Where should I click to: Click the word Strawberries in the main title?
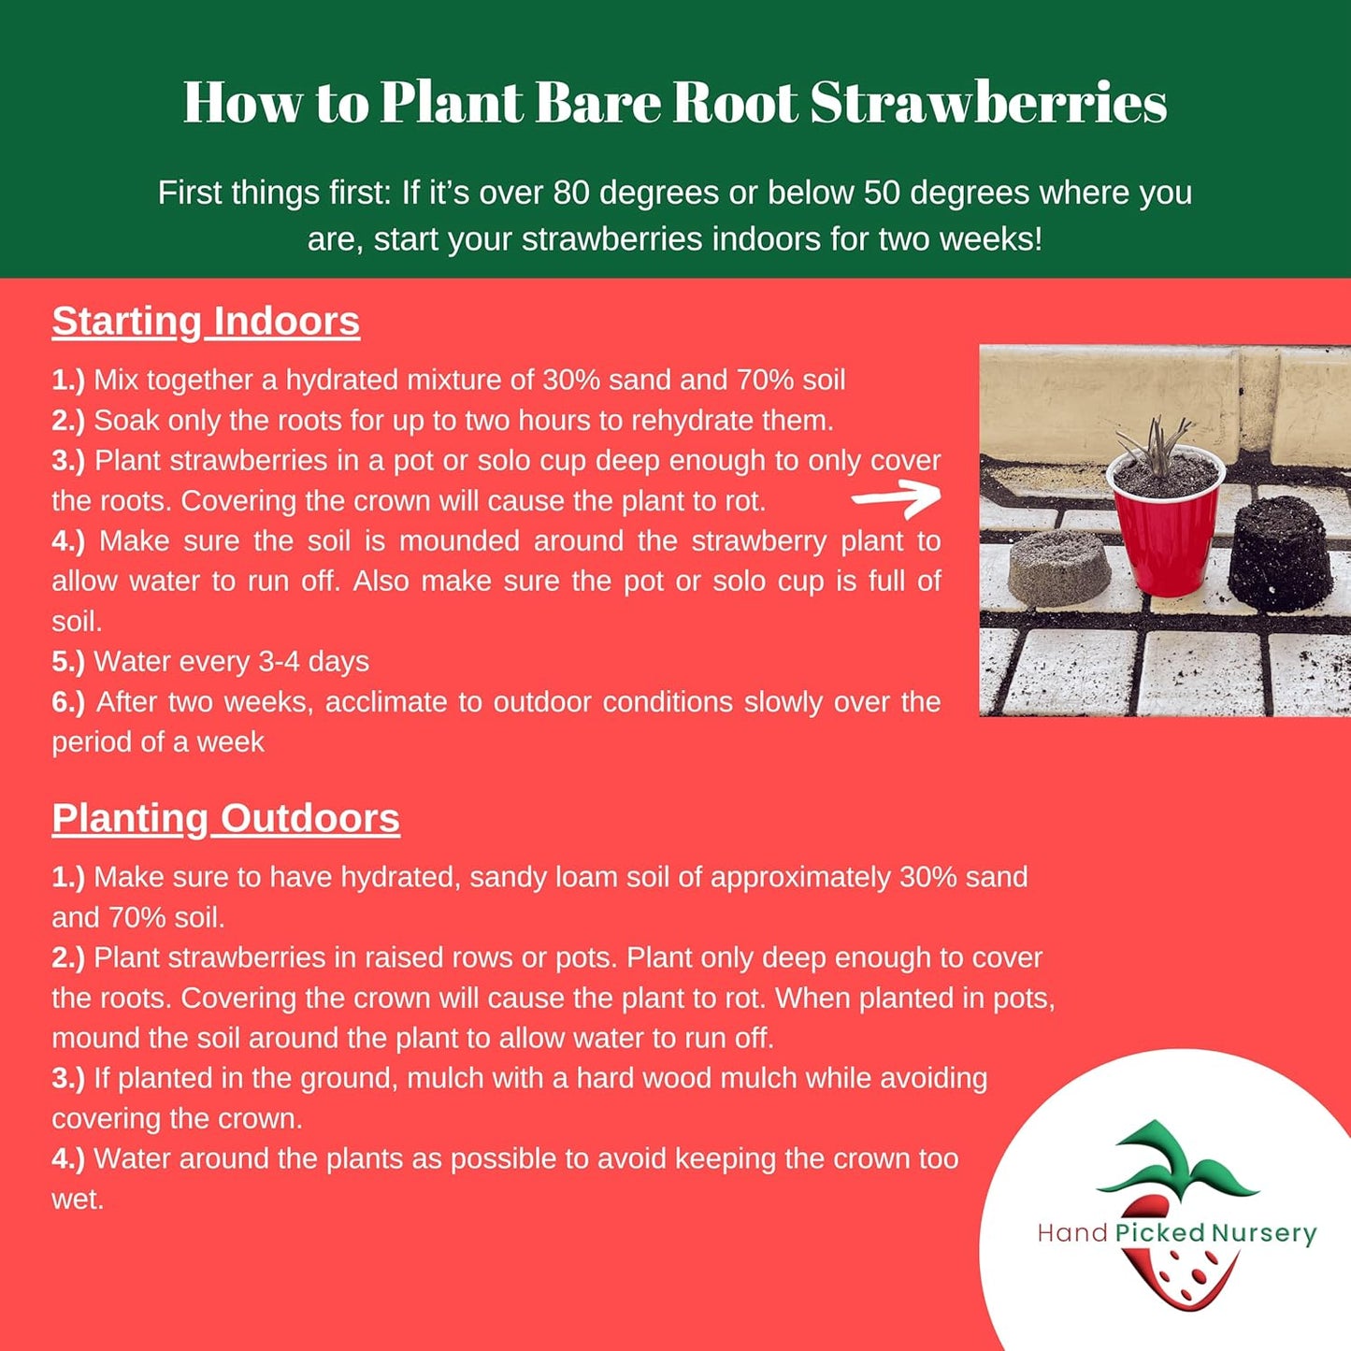[988, 102]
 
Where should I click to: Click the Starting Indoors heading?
[206, 321]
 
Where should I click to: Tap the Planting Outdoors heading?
[225, 818]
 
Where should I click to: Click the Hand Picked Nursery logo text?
[1176, 1233]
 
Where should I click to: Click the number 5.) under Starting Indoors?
[67, 662]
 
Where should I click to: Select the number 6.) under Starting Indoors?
[67, 702]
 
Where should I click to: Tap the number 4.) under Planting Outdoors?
[67, 1159]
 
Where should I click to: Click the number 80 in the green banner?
[571, 193]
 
